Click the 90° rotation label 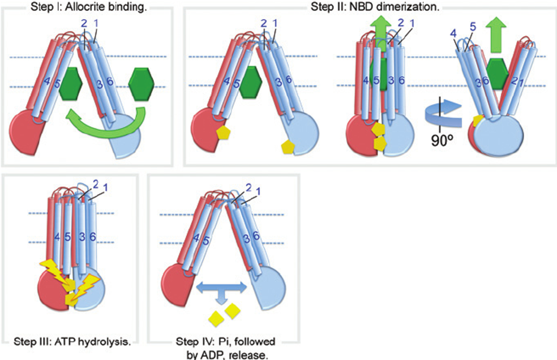[439, 136]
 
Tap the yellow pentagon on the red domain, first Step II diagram [224, 133]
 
